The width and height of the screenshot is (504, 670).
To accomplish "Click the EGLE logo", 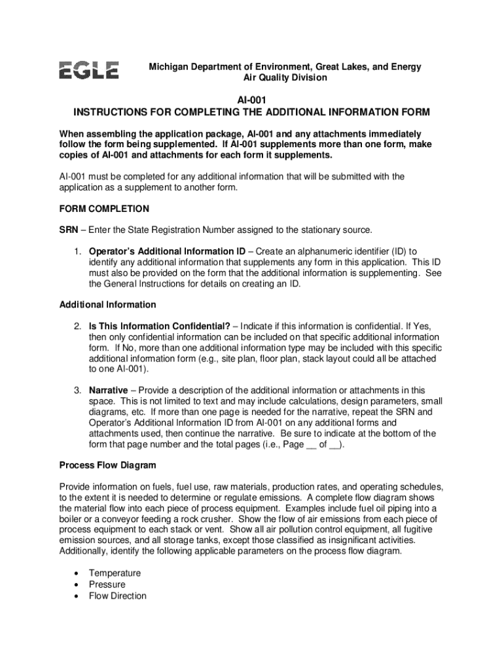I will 89,70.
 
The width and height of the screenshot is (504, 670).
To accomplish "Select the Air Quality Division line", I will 285,78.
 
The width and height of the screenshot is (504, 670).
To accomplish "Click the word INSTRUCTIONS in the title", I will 112,112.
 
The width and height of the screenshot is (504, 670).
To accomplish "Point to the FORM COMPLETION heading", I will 104,209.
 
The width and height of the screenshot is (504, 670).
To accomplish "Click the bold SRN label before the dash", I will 69,230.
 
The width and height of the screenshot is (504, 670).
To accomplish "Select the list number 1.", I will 77,251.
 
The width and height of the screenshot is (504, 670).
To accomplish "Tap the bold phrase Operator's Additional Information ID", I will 167,251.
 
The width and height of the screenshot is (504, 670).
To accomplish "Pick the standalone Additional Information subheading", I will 107,304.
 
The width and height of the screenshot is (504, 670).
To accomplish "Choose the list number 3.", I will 77,391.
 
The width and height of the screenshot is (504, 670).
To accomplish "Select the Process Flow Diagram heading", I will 107,465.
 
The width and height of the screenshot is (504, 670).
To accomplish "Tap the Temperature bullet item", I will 115,573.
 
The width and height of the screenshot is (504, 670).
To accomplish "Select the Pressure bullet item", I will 107,584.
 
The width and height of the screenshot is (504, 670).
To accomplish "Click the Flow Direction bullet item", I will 118,595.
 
